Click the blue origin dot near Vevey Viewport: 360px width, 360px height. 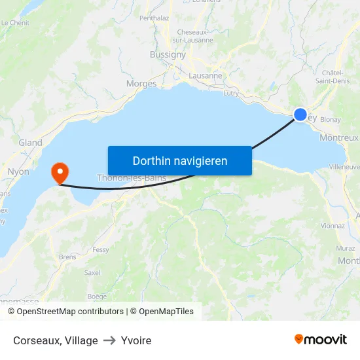click(300, 115)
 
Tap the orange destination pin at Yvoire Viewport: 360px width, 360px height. click(60, 173)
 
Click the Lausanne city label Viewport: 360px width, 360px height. click(205, 75)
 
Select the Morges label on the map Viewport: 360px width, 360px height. click(141, 83)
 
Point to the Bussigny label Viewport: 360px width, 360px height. click(168, 54)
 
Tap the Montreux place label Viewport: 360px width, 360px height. click(339, 137)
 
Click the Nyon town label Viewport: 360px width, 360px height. click(18, 171)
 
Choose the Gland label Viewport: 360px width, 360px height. click(30, 142)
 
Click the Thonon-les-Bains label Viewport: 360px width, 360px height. click(131, 177)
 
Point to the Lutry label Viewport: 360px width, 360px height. click(231, 94)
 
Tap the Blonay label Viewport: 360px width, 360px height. click(330, 120)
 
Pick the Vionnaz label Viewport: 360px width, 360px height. click(333, 225)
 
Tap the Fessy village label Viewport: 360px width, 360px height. click(101, 249)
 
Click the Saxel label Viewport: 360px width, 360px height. click(92, 272)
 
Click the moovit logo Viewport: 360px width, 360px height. click(320, 340)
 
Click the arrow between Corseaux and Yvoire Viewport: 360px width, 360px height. click(109, 340)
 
